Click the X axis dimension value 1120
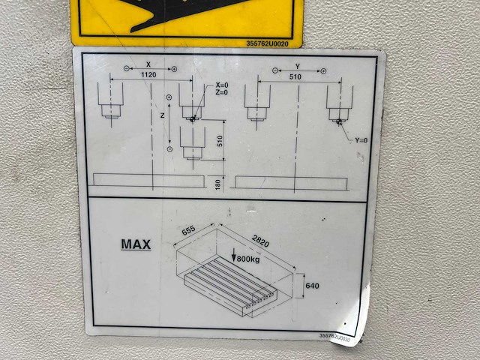(x=147, y=75)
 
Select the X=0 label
(x=222, y=85)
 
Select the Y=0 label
(x=360, y=140)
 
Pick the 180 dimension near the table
(x=218, y=183)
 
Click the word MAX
(x=136, y=244)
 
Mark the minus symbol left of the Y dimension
(x=275, y=70)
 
